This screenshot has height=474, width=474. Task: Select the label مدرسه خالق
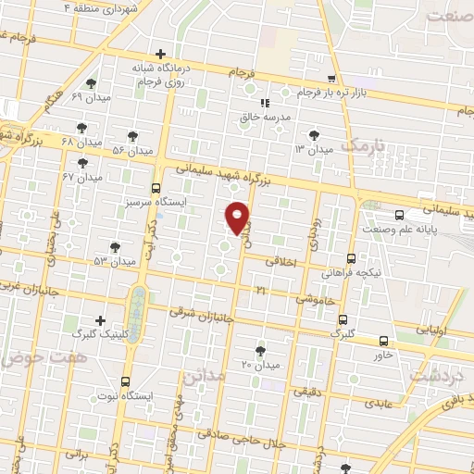click(266, 118)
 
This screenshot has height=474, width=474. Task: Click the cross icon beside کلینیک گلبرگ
click(100, 319)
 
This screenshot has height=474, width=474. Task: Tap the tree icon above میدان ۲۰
click(260, 351)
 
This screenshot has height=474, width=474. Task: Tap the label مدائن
click(205, 376)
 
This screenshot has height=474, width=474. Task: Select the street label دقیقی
click(308, 393)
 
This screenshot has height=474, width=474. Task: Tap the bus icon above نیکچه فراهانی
click(351, 258)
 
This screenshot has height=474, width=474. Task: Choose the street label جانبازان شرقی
click(196, 313)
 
